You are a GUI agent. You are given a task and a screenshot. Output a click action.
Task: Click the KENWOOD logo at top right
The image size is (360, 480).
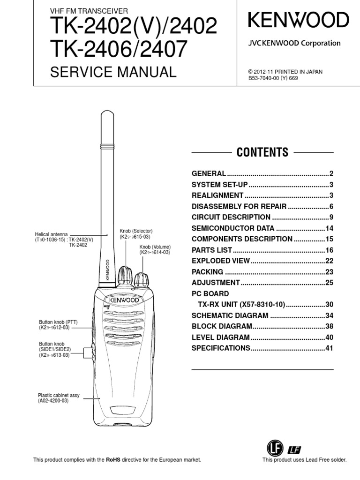pyautogui.click(x=298, y=21)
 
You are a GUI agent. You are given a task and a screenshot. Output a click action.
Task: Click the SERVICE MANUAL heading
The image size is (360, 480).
pyautogui.click(x=113, y=72)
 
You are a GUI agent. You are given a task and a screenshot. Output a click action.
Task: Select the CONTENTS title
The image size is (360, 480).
pyautogui.click(x=262, y=152)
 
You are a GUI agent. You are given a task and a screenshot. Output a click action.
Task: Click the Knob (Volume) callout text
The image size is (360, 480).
pyautogui.click(x=155, y=249)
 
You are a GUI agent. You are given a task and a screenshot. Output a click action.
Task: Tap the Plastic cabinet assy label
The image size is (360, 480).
pyautogui.click(x=59, y=398)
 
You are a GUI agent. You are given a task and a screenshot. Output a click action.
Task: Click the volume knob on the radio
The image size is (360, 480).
pyautogui.click(x=142, y=280)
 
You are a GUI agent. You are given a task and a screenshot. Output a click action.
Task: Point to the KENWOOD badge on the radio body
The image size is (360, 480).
pyautogui.click(x=124, y=299)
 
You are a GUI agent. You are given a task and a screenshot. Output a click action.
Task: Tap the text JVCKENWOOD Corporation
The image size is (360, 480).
pyautogui.click(x=294, y=43)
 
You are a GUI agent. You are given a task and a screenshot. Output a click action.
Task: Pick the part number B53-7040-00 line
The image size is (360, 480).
pyautogui.click(x=273, y=78)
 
